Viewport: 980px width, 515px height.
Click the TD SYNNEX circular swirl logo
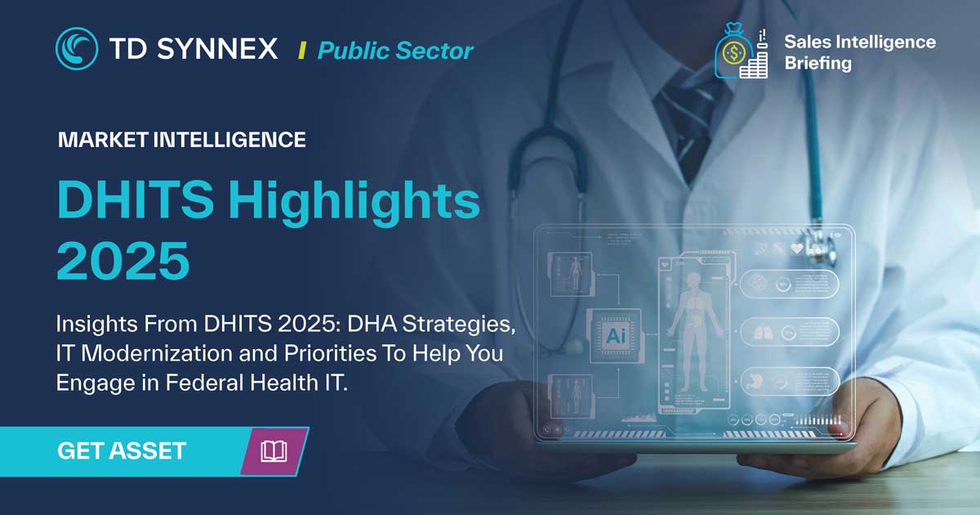pyautogui.click(x=77, y=48)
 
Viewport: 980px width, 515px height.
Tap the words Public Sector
pyautogui.click(x=395, y=51)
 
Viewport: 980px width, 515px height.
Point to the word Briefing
pyautogui.click(x=817, y=63)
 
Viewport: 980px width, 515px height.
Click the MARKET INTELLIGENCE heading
pyautogui.click(x=181, y=140)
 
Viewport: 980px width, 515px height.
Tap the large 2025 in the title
pyautogui.click(x=122, y=259)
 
